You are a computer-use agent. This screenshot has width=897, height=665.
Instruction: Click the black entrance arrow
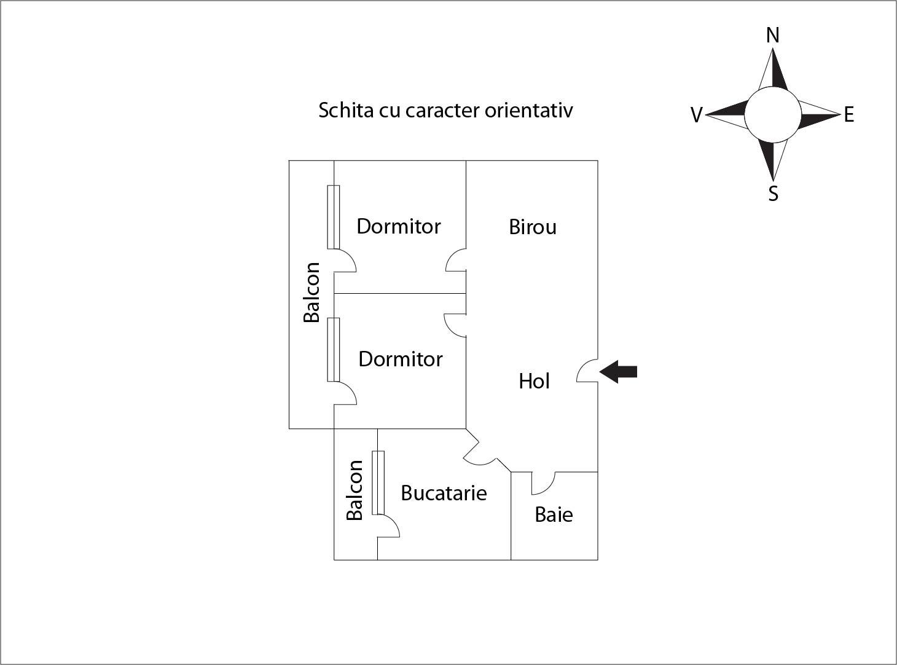[x=619, y=372]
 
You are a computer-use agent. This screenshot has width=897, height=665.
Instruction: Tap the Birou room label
[x=533, y=227]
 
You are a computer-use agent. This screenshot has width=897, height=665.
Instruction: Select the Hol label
[x=534, y=381]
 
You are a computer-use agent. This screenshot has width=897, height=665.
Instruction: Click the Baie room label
[x=554, y=514]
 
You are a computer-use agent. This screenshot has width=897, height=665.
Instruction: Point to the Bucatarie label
[x=444, y=493]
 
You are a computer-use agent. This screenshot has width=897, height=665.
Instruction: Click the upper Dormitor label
[x=399, y=226]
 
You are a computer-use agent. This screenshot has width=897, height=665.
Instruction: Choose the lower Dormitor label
[x=400, y=359]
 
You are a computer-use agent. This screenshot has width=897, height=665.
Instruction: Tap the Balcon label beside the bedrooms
[x=312, y=292]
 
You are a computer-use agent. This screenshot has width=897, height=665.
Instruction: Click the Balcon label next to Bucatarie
[x=355, y=490]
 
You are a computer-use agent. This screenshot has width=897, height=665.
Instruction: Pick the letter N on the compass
[x=773, y=36]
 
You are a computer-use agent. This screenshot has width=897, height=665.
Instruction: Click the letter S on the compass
[x=774, y=194]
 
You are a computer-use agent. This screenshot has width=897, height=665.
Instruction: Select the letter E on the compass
[x=849, y=115]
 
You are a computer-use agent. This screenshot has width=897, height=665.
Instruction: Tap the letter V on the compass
[x=696, y=115]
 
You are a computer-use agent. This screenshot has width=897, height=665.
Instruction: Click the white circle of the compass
[x=773, y=114]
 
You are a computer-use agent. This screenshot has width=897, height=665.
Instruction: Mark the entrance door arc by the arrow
[x=587, y=371]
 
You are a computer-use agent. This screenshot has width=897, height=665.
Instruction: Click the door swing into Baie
[x=543, y=483]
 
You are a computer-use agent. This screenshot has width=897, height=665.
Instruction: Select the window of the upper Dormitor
[x=333, y=217]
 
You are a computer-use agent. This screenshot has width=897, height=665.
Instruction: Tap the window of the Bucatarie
[x=378, y=482]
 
